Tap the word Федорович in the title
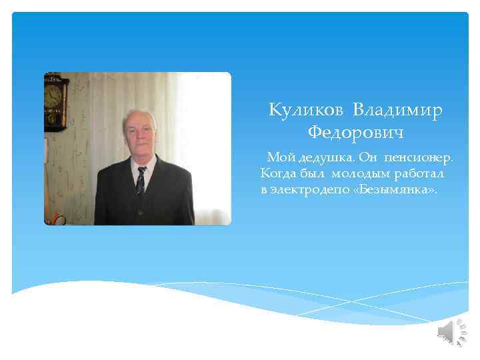tap(356, 133)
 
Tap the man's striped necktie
tap(141, 180)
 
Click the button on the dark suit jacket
tap(140, 212)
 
